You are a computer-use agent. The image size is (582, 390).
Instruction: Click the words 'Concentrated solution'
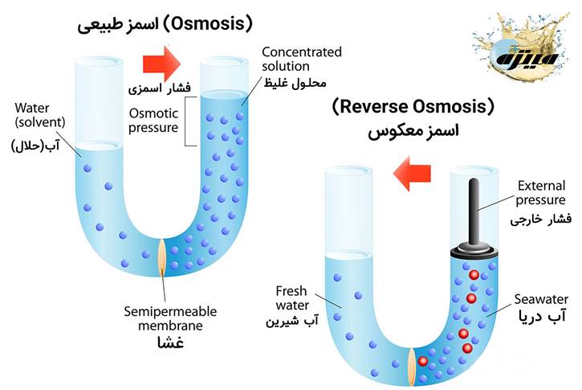[301, 57]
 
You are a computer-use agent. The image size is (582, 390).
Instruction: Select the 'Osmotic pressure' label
[153, 121]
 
